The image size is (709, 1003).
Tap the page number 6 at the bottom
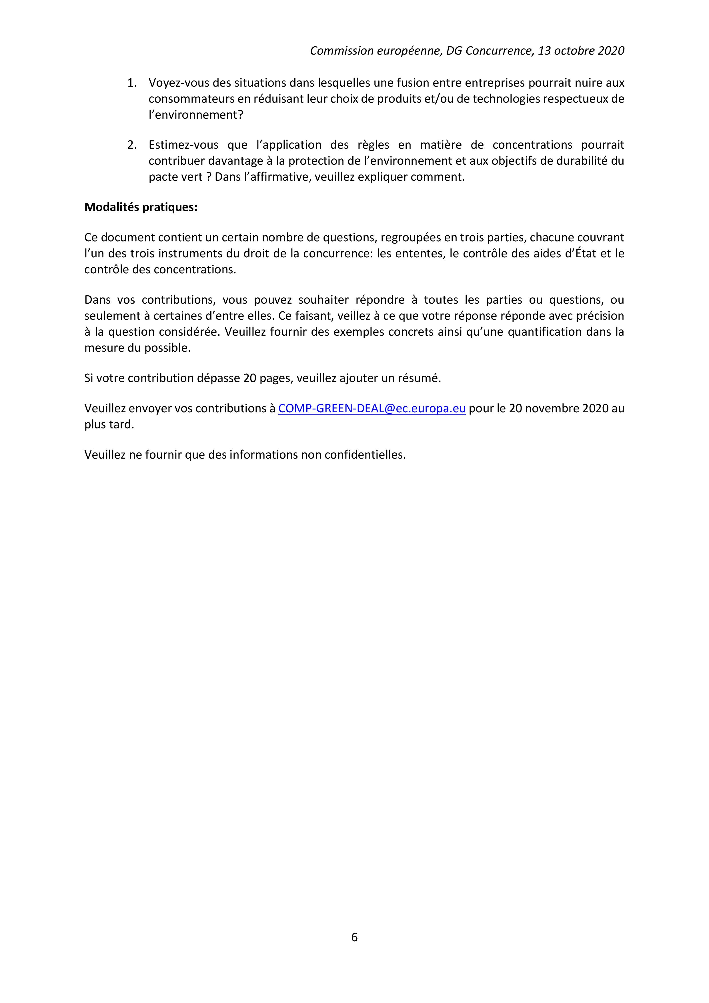(354, 937)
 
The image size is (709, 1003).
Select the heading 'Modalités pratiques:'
(141, 207)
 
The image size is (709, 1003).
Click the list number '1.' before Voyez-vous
(132, 83)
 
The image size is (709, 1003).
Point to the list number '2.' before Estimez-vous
(132, 145)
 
